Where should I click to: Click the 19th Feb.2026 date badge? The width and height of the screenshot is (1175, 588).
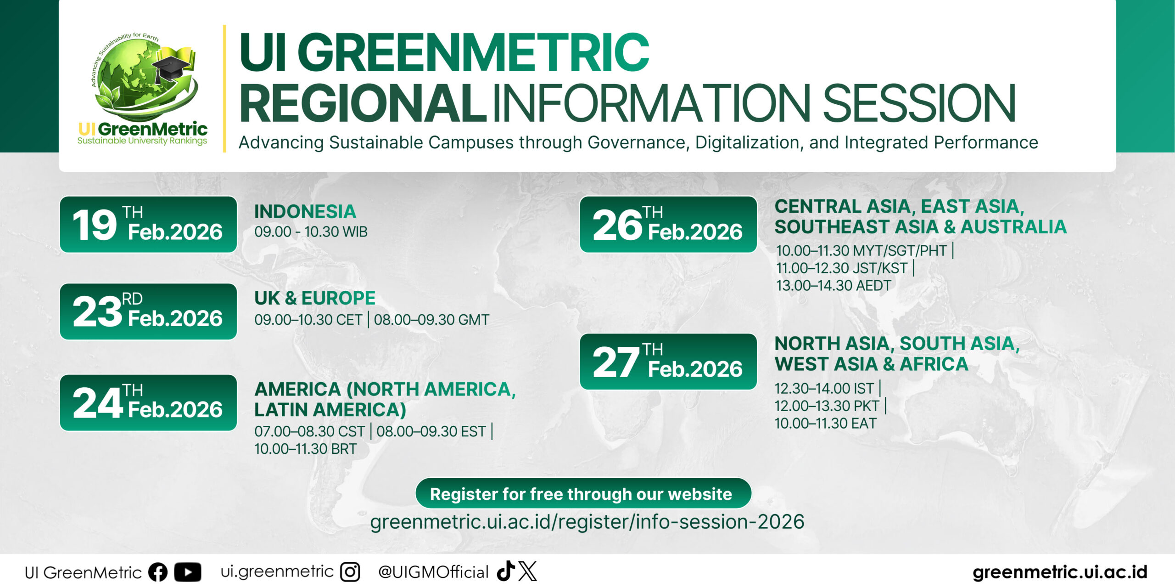tap(148, 225)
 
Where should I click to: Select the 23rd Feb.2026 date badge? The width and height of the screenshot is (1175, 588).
tap(148, 311)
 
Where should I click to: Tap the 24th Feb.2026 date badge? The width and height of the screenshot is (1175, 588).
tap(148, 403)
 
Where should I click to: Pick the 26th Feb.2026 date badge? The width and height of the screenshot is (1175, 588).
tap(668, 225)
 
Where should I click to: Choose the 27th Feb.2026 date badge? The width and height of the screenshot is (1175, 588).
tap(668, 362)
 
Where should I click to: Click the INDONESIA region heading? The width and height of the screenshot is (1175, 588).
tap(305, 212)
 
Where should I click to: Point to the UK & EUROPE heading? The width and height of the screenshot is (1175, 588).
tap(315, 298)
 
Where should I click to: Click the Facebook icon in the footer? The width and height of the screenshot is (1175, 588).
tap(158, 572)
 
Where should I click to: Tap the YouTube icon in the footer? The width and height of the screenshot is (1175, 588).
tap(188, 572)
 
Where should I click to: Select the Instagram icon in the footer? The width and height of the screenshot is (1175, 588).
tap(350, 572)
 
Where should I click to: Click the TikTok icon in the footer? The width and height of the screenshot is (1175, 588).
tap(505, 571)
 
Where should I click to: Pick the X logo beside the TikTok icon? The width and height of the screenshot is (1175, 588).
tap(527, 571)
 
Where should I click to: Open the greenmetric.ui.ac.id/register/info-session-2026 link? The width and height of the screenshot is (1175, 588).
tap(587, 522)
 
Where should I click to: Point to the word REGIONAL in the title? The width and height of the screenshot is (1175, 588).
tap(363, 103)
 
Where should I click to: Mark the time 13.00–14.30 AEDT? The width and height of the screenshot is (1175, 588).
tap(833, 286)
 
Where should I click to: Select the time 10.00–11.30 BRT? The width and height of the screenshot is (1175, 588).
tap(305, 449)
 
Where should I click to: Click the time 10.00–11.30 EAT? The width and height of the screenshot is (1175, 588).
tap(825, 424)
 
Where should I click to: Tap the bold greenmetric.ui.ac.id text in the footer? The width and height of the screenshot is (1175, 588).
tap(1060, 572)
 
